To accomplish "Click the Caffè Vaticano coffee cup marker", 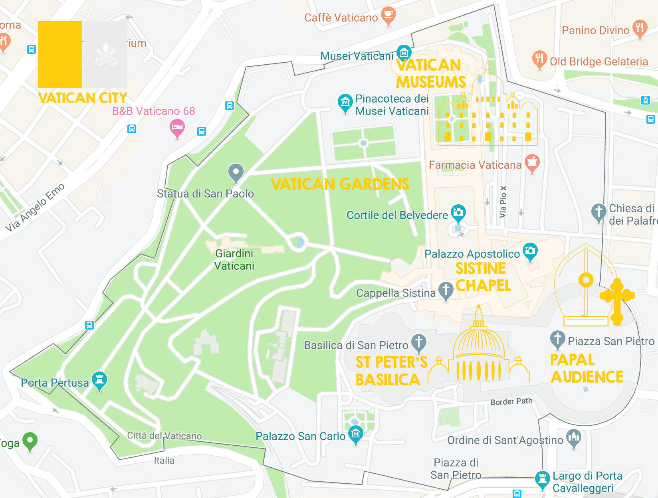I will pyautogui.click(x=388, y=16).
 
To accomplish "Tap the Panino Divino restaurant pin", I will pyautogui.click(x=640, y=28).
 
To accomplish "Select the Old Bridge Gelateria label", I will pyautogui.click(x=599, y=61).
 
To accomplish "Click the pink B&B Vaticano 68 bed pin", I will pyautogui.click(x=177, y=128).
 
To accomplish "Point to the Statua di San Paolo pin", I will pyautogui.click(x=236, y=172).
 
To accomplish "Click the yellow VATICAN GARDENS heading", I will pyautogui.click(x=340, y=184).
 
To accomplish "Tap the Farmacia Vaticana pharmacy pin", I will pyautogui.click(x=532, y=162).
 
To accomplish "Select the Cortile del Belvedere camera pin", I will pyautogui.click(x=458, y=213).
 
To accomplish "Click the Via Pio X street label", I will pyautogui.click(x=503, y=202).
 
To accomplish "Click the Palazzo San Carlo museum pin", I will pyautogui.click(x=355, y=434).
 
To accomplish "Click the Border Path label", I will pyautogui.click(x=511, y=401).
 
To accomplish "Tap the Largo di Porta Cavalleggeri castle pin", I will pyautogui.click(x=542, y=479).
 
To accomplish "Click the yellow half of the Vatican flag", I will pyautogui.click(x=60, y=54).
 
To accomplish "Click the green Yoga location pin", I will pyautogui.click(x=30, y=441).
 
